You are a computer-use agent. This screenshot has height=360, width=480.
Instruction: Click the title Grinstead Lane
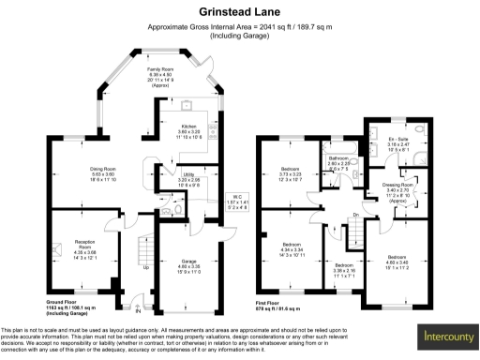(x=239, y=12)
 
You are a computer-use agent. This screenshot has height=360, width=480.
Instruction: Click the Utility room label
(x=188, y=177)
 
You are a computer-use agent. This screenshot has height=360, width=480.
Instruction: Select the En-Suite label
(x=399, y=143)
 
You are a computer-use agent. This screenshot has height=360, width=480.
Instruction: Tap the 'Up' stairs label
(x=145, y=266)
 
